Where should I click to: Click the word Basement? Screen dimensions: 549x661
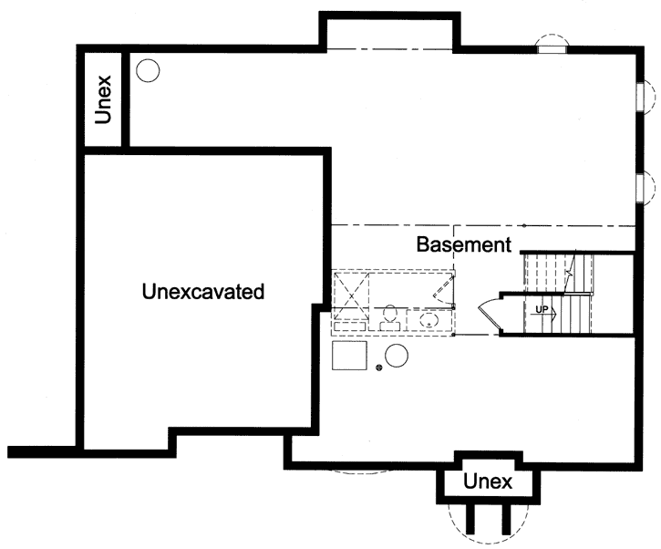click(462, 244)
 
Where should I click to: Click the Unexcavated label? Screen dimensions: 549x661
click(203, 292)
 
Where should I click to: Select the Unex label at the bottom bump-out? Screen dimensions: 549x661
click(488, 481)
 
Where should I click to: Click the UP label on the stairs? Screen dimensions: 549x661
click(542, 310)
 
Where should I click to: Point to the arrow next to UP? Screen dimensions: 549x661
click(553, 310)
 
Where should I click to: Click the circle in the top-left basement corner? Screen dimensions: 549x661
click(147, 69)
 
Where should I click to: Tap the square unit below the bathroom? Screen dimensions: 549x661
click(348, 355)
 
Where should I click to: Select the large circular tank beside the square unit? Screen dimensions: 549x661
click(397, 356)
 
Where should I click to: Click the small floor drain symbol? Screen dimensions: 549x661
click(378, 368)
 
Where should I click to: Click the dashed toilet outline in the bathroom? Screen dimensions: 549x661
click(389, 316)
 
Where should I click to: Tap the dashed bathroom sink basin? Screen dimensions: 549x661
click(428, 320)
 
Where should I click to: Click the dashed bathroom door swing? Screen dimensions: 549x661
click(442, 291)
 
